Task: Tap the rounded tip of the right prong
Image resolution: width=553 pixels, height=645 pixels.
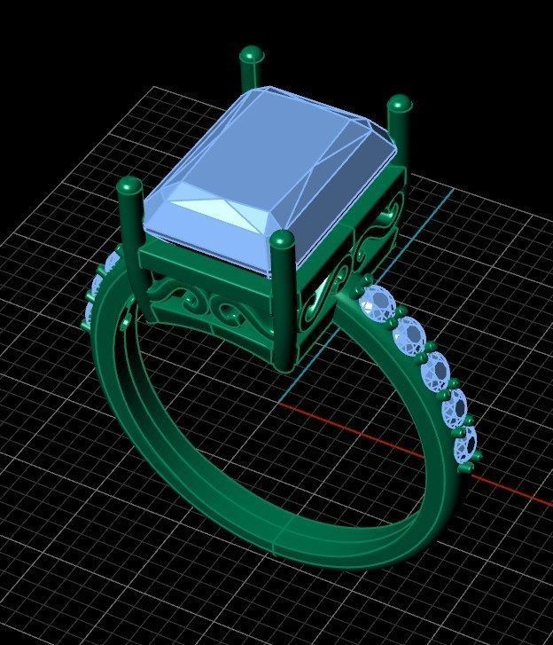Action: [400, 104]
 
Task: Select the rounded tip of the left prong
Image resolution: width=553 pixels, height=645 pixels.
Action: [130, 187]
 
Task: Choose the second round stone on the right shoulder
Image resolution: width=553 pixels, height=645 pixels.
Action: [413, 335]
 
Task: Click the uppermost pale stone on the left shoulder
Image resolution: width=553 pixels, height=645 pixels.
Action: [113, 263]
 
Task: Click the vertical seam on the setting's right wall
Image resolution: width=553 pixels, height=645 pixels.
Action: [356, 240]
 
